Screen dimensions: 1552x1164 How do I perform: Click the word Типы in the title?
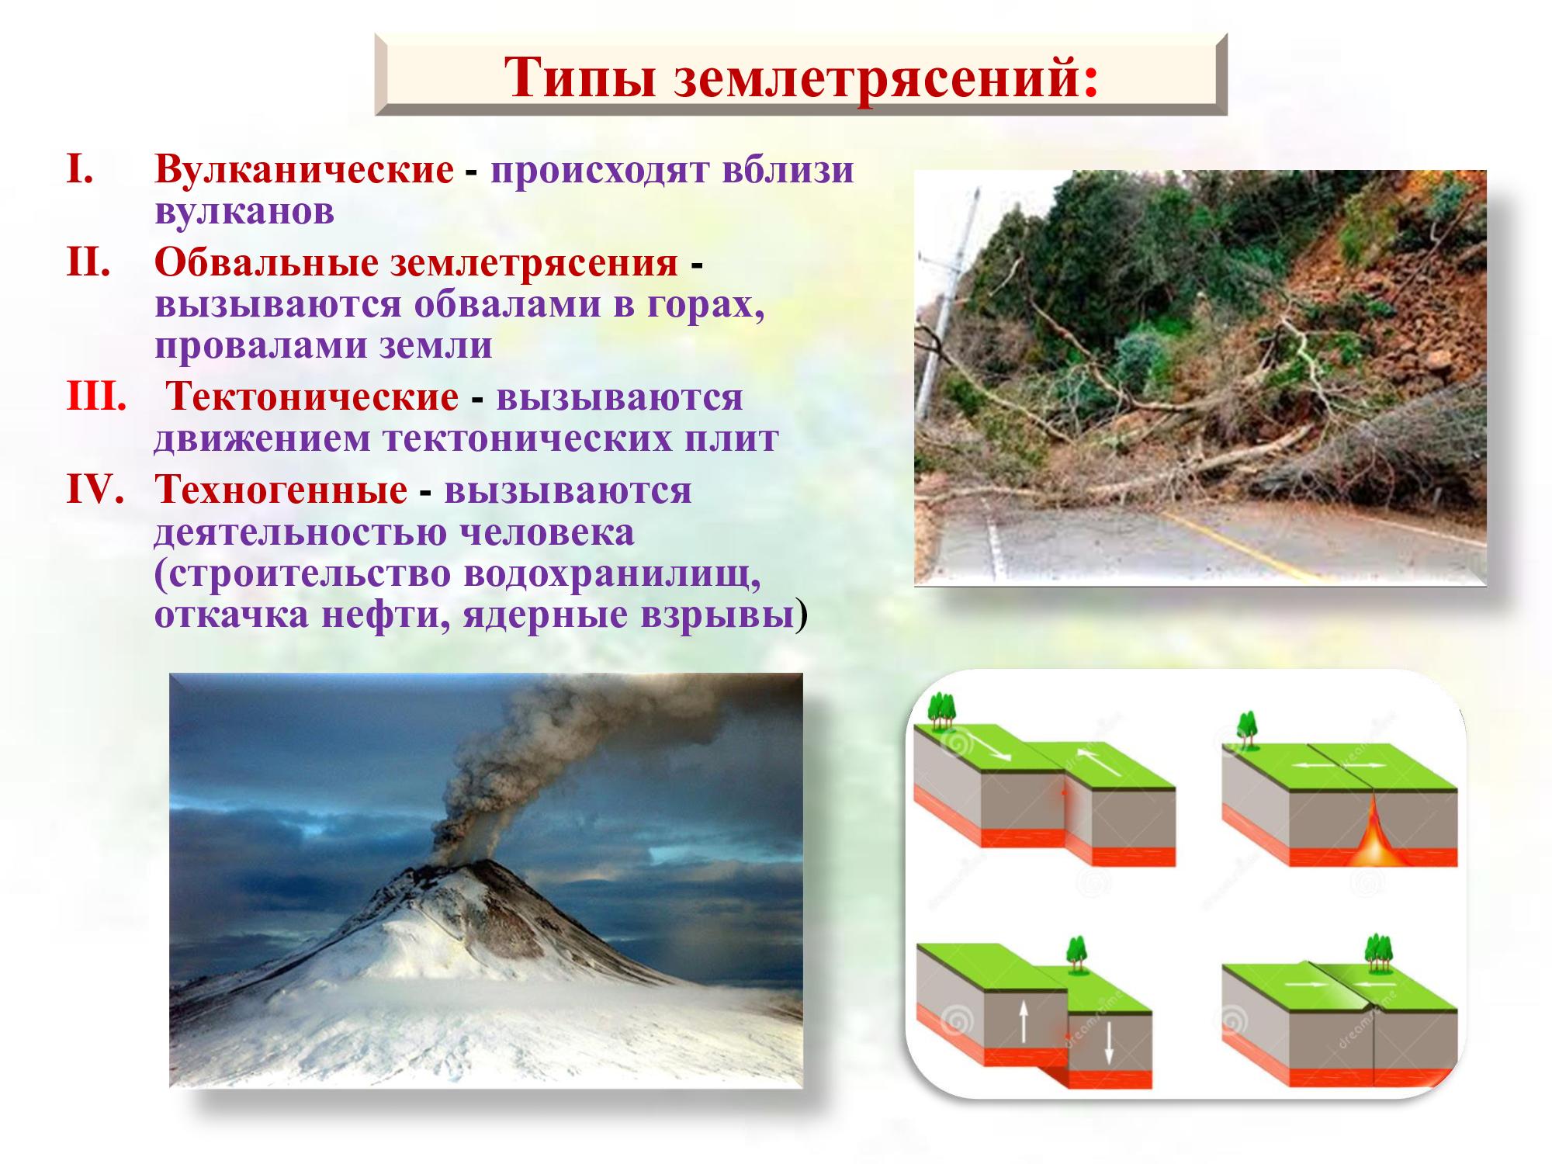coord(579,77)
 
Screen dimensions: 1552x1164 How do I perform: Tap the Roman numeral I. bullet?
coord(81,169)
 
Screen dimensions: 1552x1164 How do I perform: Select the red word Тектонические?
coord(314,397)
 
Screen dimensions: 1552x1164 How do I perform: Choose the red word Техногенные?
coord(281,490)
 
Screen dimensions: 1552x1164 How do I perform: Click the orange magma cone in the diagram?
coord(1374,834)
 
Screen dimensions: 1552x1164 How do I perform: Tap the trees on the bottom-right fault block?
coord(1378,953)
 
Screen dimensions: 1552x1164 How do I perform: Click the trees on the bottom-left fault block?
coord(1075,954)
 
